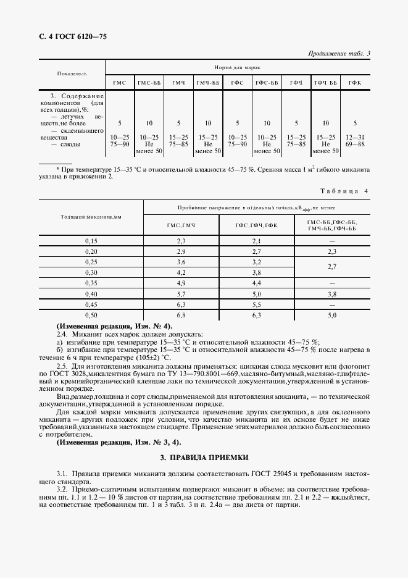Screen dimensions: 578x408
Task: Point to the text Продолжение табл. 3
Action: (x=338, y=54)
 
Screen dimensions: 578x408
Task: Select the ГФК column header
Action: (x=355, y=83)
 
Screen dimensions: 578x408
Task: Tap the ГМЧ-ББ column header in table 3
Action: (x=208, y=83)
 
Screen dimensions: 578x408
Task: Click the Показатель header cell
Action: (x=72, y=73)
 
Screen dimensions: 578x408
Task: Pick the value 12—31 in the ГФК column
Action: (x=355, y=136)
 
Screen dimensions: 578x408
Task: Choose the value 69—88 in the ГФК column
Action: (x=355, y=144)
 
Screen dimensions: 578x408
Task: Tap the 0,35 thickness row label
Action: (x=91, y=282)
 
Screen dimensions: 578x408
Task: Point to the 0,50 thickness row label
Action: (x=91, y=315)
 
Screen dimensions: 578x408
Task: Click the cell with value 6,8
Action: (x=181, y=315)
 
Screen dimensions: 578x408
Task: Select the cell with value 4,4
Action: (x=257, y=282)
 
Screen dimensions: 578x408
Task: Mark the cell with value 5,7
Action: (x=181, y=293)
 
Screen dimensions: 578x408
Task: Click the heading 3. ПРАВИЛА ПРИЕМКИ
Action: (x=204, y=458)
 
